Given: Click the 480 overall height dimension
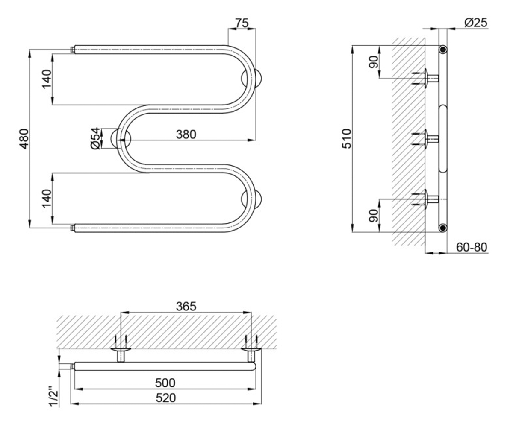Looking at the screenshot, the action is (x=24, y=139).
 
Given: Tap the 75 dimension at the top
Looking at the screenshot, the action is (x=242, y=23).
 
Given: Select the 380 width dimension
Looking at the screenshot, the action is (x=186, y=134).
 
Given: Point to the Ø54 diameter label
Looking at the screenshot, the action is (x=96, y=138).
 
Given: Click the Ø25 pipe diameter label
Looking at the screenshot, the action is (x=476, y=23).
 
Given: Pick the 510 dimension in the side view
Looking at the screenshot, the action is (x=347, y=139).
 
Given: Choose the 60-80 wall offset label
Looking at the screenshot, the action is (x=472, y=247).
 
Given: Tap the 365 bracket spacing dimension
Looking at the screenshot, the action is (x=186, y=306).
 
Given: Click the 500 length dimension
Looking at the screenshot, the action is (x=165, y=383).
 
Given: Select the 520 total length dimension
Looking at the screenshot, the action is (x=166, y=398).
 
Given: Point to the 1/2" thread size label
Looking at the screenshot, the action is (x=54, y=397).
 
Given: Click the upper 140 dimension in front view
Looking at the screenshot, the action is (x=47, y=79).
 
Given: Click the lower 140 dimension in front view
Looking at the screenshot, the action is (x=47, y=199).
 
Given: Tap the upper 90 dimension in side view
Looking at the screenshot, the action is (x=374, y=62).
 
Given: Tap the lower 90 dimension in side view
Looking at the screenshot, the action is (x=374, y=216).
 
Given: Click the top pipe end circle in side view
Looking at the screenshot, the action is (x=443, y=50).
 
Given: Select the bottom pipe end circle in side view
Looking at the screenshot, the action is (x=443, y=228).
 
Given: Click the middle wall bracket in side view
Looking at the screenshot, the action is (x=426, y=139).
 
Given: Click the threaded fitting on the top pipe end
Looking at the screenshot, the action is (x=73, y=50).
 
